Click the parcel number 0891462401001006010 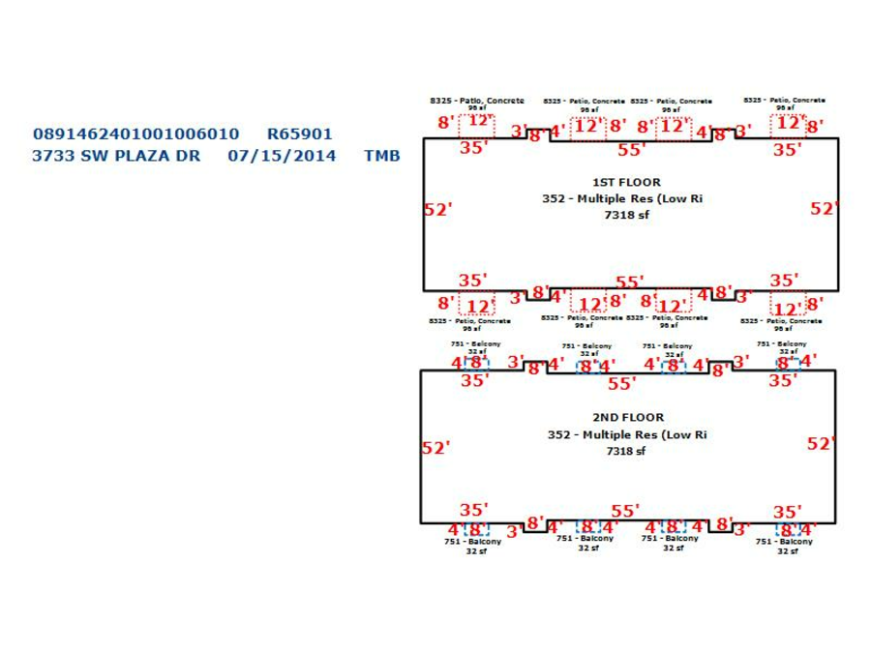coord(135,134)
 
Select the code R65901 coord(299,134)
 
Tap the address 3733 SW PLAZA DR coord(116,155)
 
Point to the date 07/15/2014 coord(282,155)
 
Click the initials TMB coord(381,155)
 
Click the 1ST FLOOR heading coord(626,182)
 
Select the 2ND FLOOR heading coord(628,418)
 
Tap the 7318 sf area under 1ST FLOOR coord(626,215)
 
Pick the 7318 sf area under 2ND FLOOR coord(626,451)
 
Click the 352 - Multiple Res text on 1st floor coord(621,198)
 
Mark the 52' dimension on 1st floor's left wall coord(438,209)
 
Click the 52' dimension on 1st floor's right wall coord(824,208)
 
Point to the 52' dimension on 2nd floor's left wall coord(437,448)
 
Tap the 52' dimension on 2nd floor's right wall coord(821,444)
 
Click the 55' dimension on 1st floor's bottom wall coord(629,282)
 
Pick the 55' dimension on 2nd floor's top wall coord(620,383)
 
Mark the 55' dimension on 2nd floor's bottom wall coord(625,511)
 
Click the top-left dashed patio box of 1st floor coord(479,125)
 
